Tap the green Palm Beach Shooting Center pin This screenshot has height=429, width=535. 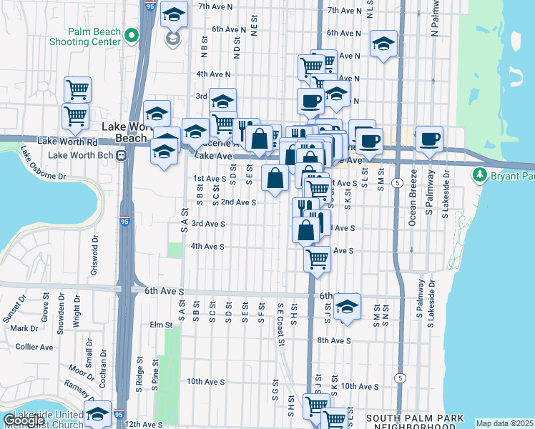[x=131, y=35]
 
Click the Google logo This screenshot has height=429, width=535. [x=24, y=420]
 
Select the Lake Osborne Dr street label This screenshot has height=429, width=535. [x=42, y=164]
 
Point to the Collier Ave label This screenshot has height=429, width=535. [x=34, y=347]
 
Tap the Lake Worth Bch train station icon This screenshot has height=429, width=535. [x=122, y=154]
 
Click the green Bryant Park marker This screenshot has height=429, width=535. [x=478, y=175]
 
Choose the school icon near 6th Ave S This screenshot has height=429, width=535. [x=347, y=307]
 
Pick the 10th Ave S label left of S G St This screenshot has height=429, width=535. [x=206, y=382]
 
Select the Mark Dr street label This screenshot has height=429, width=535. [x=24, y=328]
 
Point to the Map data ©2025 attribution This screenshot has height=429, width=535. [x=504, y=423]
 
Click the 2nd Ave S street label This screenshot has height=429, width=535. [x=238, y=202]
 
